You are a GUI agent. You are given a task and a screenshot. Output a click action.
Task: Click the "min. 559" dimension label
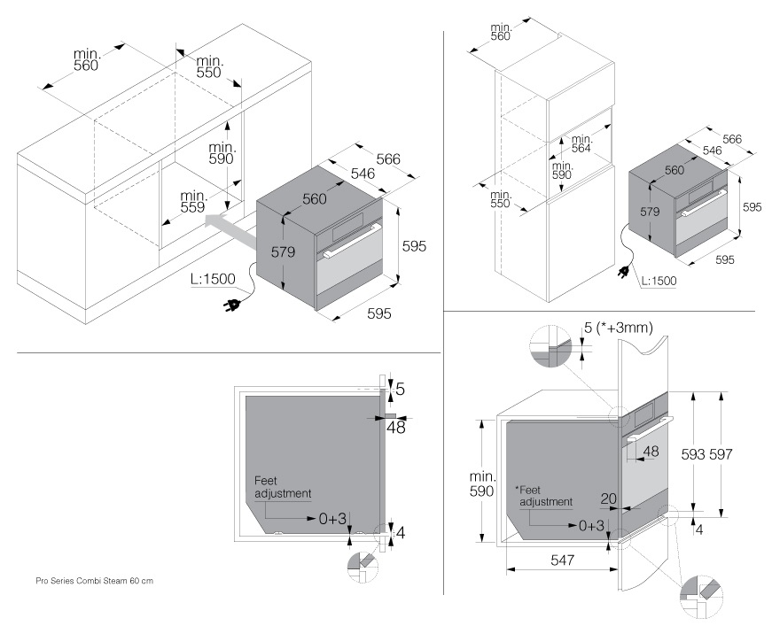point(193,201)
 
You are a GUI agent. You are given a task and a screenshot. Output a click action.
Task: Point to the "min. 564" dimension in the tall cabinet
point(581,144)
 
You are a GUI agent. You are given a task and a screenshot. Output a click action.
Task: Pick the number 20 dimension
point(608,499)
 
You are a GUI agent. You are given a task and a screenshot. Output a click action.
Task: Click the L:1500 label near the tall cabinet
point(657,281)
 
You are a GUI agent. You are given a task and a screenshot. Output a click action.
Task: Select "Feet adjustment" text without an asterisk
point(283,486)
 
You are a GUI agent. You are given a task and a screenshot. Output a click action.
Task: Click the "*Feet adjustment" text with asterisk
point(543,496)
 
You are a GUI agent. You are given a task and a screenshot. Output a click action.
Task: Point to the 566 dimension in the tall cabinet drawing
point(732,139)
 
